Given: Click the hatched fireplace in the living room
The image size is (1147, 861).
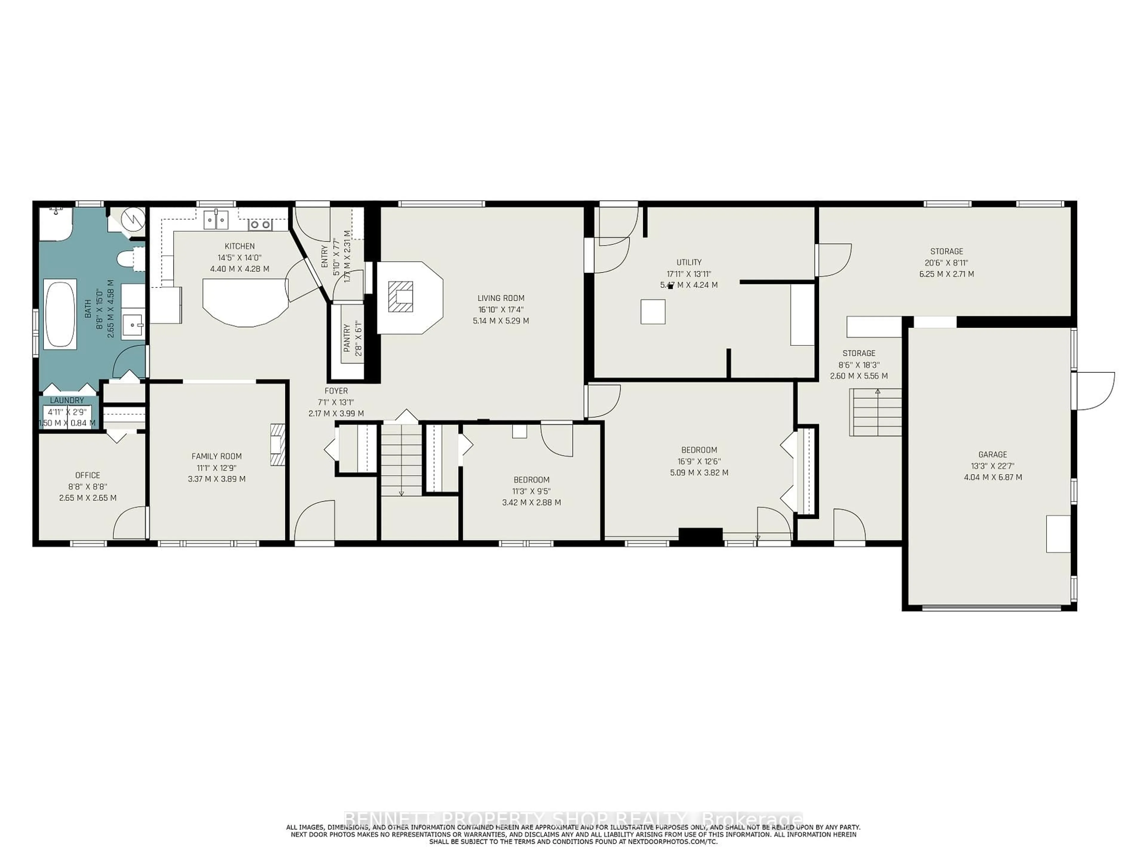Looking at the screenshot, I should [401, 296].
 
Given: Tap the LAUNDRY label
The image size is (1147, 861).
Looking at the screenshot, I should [67, 400].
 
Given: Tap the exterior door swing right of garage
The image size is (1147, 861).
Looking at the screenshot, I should [1095, 390].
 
